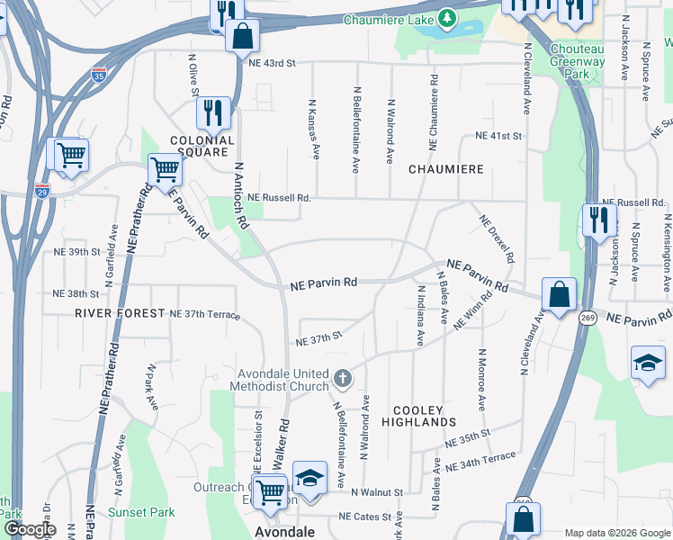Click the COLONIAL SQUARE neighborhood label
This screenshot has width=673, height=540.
(x=202, y=147)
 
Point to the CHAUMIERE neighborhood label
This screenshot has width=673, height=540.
(x=446, y=169)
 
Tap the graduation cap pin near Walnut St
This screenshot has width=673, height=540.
(x=309, y=477)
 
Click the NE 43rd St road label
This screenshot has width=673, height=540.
(x=273, y=63)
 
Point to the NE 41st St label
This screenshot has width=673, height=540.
(x=499, y=136)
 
